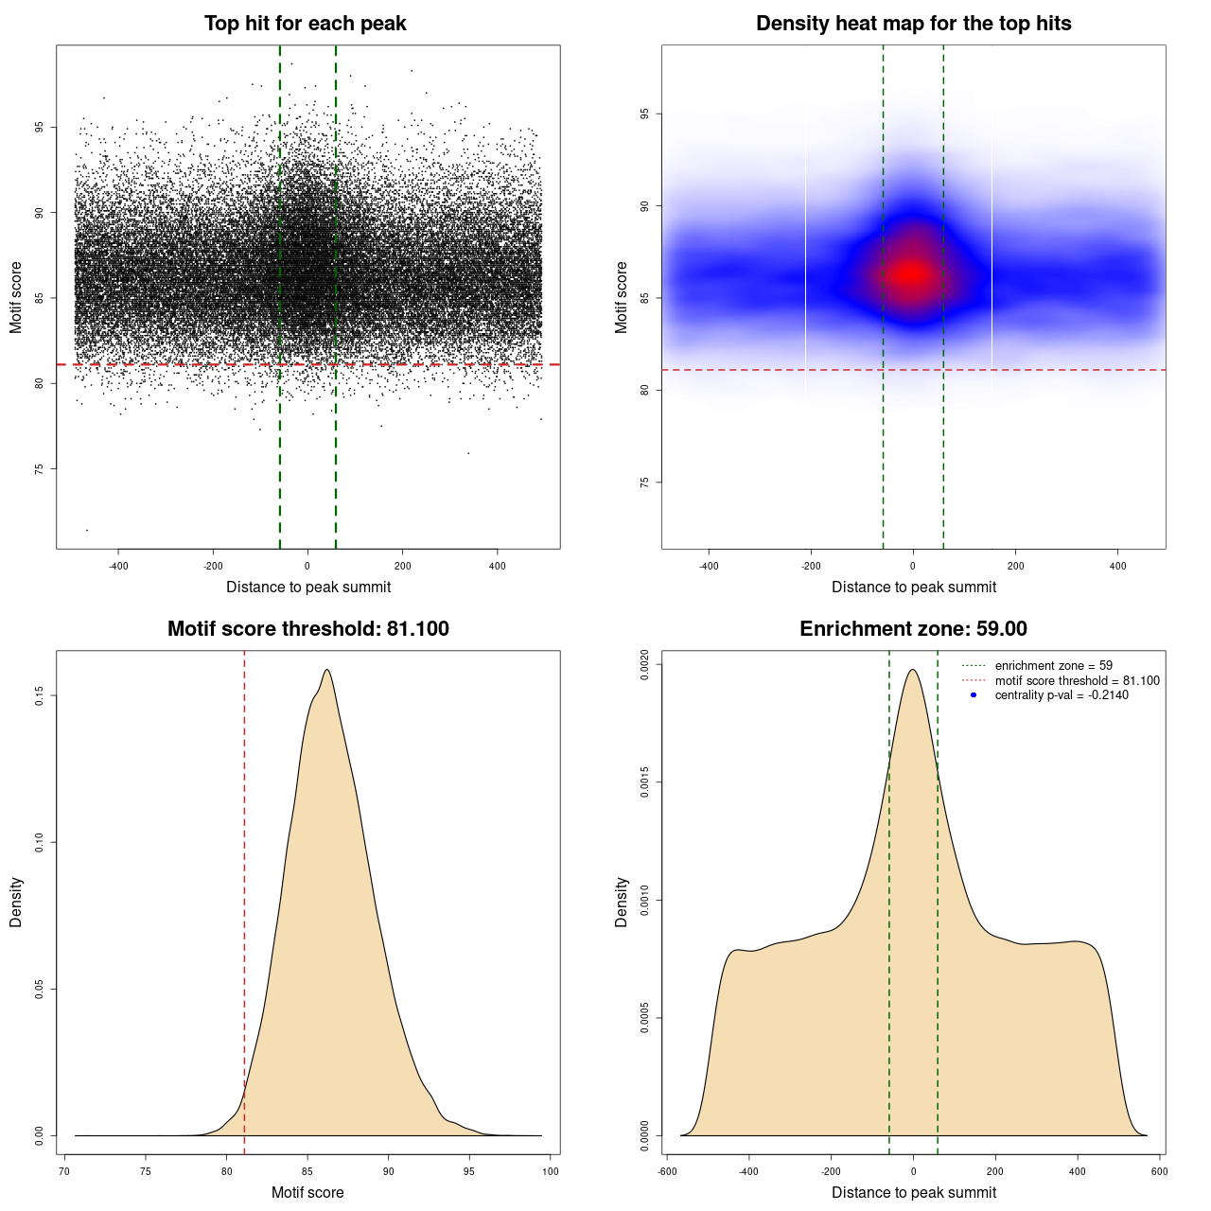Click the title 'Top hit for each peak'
tap(305, 24)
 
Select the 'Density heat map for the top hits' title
tap(913, 24)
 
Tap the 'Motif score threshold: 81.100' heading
tap(307, 629)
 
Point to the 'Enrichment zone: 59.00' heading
tap(913, 629)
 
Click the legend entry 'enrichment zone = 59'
tap(1053, 666)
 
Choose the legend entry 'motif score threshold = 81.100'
tap(1077, 680)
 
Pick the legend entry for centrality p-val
tap(1062, 695)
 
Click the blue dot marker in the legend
tap(974, 695)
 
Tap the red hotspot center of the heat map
tap(911, 274)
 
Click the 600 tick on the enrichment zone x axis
tap(1160, 1171)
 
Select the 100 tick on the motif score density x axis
tap(551, 1171)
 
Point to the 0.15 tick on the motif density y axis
tap(40, 696)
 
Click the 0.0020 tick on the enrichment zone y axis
tap(645, 664)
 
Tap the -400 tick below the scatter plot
tap(118, 566)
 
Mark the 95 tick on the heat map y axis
tap(645, 114)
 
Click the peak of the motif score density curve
tap(326, 670)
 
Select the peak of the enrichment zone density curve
tap(913, 670)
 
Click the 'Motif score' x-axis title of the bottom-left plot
tap(307, 1192)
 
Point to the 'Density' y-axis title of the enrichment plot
tap(622, 902)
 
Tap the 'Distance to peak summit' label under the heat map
tap(913, 587)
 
